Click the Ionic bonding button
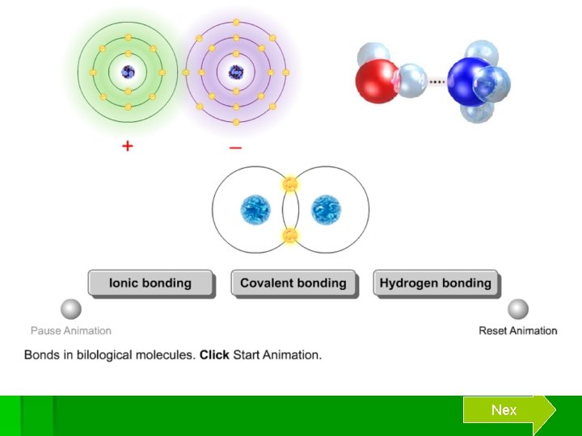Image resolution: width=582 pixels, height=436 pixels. tap(150, 283)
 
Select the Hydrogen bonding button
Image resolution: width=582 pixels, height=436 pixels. tap(436, 283)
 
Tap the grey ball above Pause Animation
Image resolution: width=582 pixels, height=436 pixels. tap(71, 309)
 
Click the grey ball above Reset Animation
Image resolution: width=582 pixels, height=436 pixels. tap(518, 309)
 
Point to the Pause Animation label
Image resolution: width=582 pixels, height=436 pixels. tap(71, 330)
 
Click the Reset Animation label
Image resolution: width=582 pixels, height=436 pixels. tap(518, 330)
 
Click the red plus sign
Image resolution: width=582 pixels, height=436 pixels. tap(128, 148)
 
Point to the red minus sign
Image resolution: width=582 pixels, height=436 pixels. tap(235, 148)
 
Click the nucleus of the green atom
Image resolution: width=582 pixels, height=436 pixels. tap(128, 72)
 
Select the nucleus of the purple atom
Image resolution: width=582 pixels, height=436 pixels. tap(235, 72)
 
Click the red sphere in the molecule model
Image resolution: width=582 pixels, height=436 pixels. tap(377, 81)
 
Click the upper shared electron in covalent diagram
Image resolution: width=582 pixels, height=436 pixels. tap(290, 185)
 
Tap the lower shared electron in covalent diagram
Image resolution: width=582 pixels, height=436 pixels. tap(290, 236)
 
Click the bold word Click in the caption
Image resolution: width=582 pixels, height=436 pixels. tap(214, 354)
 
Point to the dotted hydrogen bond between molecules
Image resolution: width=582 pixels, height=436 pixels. tap(437, 81)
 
